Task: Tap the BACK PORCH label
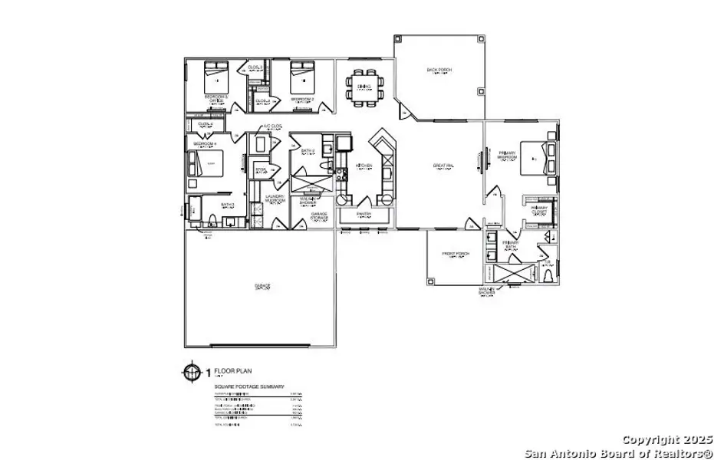point(439,71)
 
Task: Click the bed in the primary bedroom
point(536,158)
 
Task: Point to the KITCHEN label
point(364,166)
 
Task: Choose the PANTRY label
point(364,214)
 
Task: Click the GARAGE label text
point(262,286)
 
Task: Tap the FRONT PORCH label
point(456,254)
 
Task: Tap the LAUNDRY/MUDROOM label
point(275,198)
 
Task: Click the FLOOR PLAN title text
point(233,371)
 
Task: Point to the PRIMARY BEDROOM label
point(507,156)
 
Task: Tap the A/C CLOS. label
point(273,126)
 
